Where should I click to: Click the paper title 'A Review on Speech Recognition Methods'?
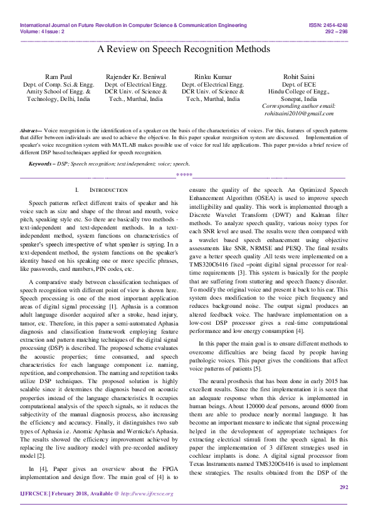pos(186,49)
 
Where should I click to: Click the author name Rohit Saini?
pos(298,77)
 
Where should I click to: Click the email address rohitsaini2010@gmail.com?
pos(298,114)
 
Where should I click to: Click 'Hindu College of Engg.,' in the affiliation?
pos(298,92)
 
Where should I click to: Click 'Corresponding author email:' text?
pos(298,107)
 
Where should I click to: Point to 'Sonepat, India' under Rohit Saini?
pos(298,99)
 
